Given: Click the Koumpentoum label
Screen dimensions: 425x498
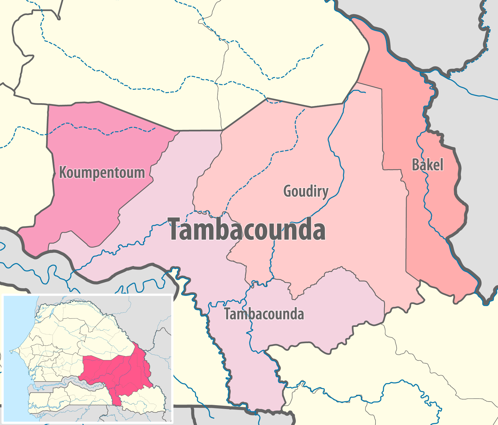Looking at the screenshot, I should pos(102,173).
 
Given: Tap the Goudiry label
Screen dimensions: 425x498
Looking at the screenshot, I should pos(306,191).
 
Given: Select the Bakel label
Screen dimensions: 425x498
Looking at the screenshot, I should pos(427,165).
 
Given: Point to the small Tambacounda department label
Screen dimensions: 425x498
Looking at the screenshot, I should pos(264,314).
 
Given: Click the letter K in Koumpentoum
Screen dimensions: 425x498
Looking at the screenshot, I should pos(63,172).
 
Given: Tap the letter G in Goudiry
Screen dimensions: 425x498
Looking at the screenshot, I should pos(287,191).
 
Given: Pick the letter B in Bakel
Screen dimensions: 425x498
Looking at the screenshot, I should pos(416,165).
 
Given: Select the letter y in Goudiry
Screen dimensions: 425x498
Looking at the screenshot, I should pos(325,193).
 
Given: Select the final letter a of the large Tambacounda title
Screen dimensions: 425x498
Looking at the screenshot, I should pos(318,232).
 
